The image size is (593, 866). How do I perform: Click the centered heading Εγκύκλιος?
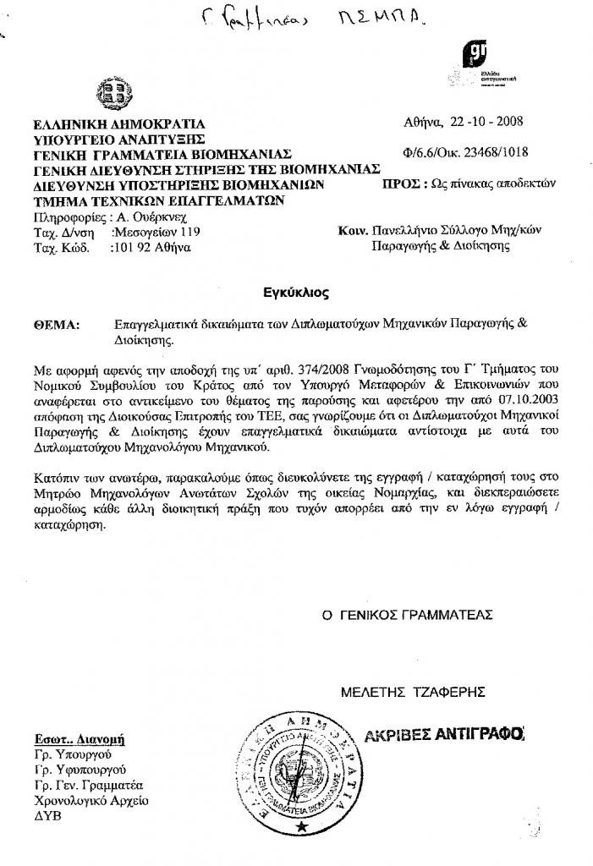click(295, 293)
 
